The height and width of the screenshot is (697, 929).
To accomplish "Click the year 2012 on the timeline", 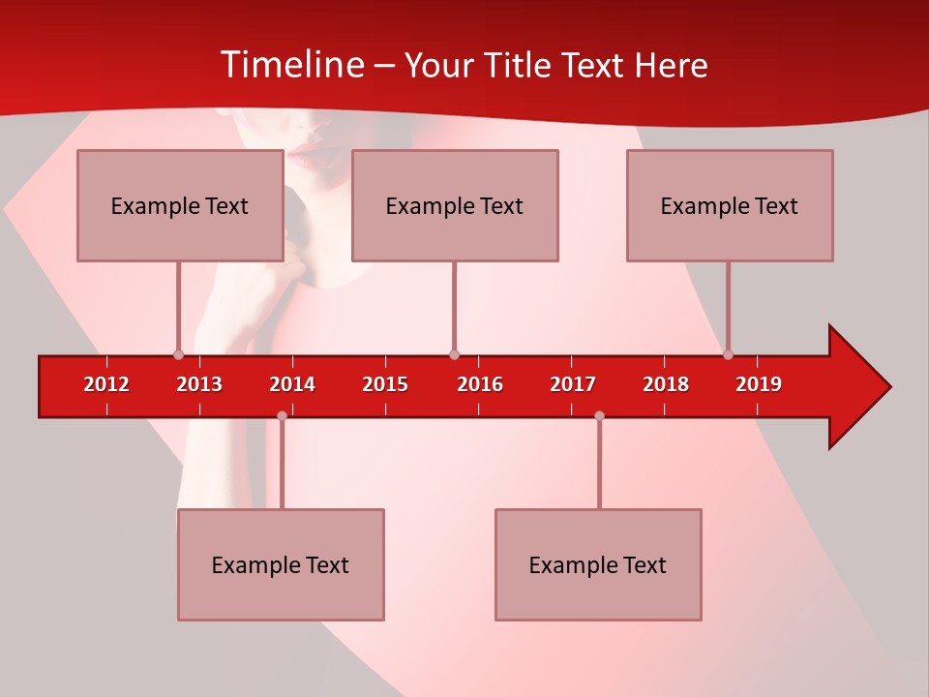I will point(106,384).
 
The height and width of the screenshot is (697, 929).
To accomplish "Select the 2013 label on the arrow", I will point(199,384).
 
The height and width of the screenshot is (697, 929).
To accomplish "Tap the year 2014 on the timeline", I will point(292,384).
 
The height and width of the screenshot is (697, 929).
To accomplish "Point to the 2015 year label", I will point(385,384).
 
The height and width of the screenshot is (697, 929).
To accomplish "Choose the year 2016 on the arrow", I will point(479,384).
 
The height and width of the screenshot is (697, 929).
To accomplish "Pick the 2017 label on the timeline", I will point(572,384).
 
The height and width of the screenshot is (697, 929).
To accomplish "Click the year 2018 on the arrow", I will point(666,384).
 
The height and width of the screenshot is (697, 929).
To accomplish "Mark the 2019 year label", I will point(759,384).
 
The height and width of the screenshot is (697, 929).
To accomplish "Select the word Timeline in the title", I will point(290,65).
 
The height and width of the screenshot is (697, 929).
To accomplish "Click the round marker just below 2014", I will point(282,415).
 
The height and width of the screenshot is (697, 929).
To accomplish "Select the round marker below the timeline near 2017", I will point(599,415).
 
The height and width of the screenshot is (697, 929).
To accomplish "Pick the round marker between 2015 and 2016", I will point(454,354).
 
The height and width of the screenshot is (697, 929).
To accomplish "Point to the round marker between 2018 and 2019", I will point(728,354).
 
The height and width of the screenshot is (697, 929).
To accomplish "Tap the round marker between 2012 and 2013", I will point(178,354).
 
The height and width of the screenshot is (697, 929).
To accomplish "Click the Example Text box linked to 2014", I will point(281,564).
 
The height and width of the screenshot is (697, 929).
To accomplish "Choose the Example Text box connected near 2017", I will point(598,564).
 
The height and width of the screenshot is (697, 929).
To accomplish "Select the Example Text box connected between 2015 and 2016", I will point(455,205).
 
